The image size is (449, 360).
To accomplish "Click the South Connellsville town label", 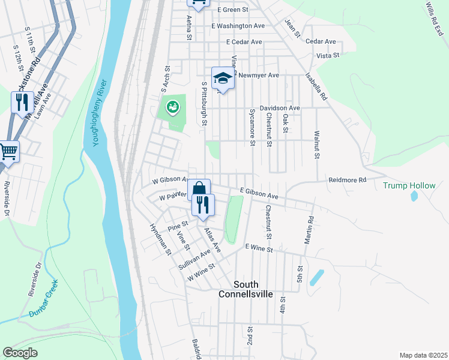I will [x=246, y=289].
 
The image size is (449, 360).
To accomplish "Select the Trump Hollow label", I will [x=409, y=185].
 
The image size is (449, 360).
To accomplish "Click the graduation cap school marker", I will [x=223, y=78].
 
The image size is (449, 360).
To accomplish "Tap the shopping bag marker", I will [x=199, y=189].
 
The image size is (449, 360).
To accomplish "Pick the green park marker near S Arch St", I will [x=172, y=107].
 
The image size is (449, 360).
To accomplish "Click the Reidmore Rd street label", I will [x=347, y=180].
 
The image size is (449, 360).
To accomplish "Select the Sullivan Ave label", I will [x=193, y=262].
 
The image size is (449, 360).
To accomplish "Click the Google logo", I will [x=20, y=353].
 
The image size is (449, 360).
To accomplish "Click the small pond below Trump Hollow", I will [x=413, y=196].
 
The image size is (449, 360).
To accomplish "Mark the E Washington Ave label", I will [x=238, y=26].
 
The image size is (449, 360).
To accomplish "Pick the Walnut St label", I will [x=316, y=145].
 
